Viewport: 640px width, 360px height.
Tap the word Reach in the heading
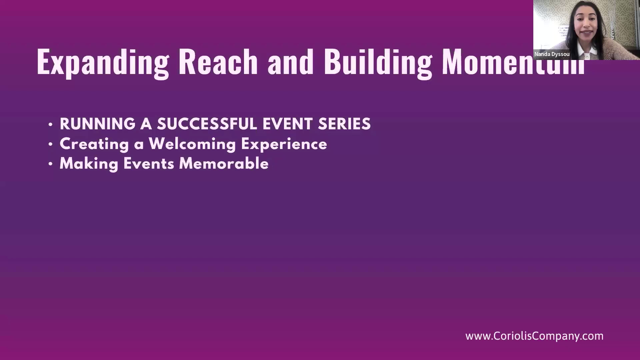pos(218,62)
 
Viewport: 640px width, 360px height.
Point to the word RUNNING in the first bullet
pos(98,124)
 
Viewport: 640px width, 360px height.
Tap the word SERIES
pos(344,124)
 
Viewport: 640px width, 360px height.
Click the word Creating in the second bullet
pos(94,145)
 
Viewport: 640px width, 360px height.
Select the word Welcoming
pos(192,145)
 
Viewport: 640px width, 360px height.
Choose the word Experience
pos(284,145)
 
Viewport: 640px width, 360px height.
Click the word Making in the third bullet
pos(89,164)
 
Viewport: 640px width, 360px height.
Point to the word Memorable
pos(224,164)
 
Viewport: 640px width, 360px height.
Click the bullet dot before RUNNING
pos(51,125)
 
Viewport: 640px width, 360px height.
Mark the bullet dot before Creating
pos(51,145)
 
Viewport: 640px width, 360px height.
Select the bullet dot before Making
pos(51,164)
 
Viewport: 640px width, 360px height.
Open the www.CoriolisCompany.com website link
pos(534,336)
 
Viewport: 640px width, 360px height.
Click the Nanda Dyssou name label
pos(552,54)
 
